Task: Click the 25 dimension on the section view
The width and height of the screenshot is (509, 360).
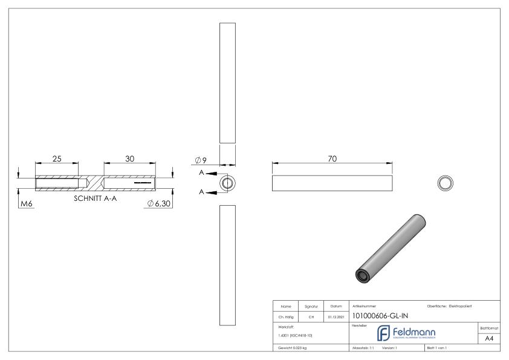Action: (x=57, y=159)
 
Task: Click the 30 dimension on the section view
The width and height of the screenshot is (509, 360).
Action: (x=129, y=159)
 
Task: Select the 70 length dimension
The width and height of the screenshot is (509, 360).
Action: (x=332, y=158)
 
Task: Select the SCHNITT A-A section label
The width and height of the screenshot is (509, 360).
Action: (x=94, y=198)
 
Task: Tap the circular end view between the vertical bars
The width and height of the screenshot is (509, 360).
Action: (x=227, y=183)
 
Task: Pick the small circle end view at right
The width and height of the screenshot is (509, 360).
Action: (x=446, y=182)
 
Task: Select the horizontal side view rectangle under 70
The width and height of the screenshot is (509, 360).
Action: (x=332, y=182)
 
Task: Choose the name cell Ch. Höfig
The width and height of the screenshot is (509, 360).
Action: (x=287, y=315)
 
